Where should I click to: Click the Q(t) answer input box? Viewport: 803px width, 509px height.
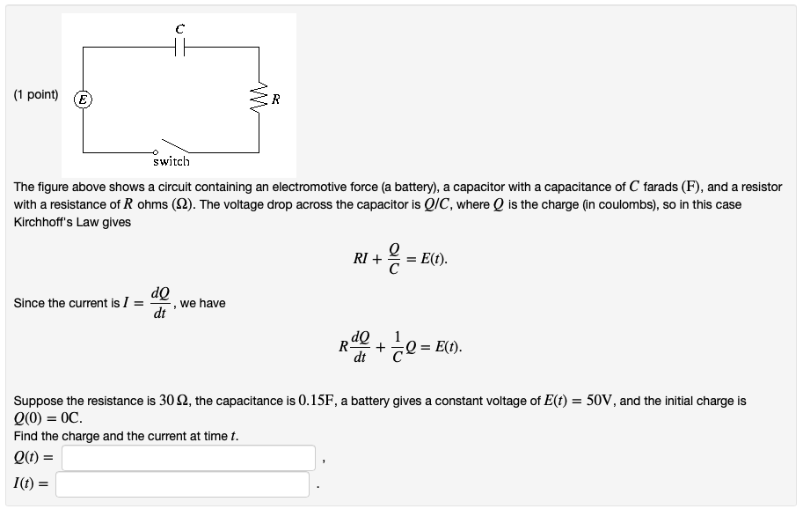tap(188, 457)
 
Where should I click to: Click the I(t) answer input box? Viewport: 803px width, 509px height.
tap(183, 483)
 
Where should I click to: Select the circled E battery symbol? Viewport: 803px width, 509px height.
tap(84, 100)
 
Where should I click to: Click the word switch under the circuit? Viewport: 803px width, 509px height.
tap(171, 161)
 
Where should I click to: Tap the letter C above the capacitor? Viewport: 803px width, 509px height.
tap(179, 29)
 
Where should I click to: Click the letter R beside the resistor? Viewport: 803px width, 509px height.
tap(275, 100)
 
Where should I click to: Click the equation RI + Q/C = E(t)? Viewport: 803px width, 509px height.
tap(400, 259)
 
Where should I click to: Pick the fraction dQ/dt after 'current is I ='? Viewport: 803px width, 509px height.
tap(160, 303)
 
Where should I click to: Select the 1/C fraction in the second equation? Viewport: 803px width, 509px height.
tap(398, 347)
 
